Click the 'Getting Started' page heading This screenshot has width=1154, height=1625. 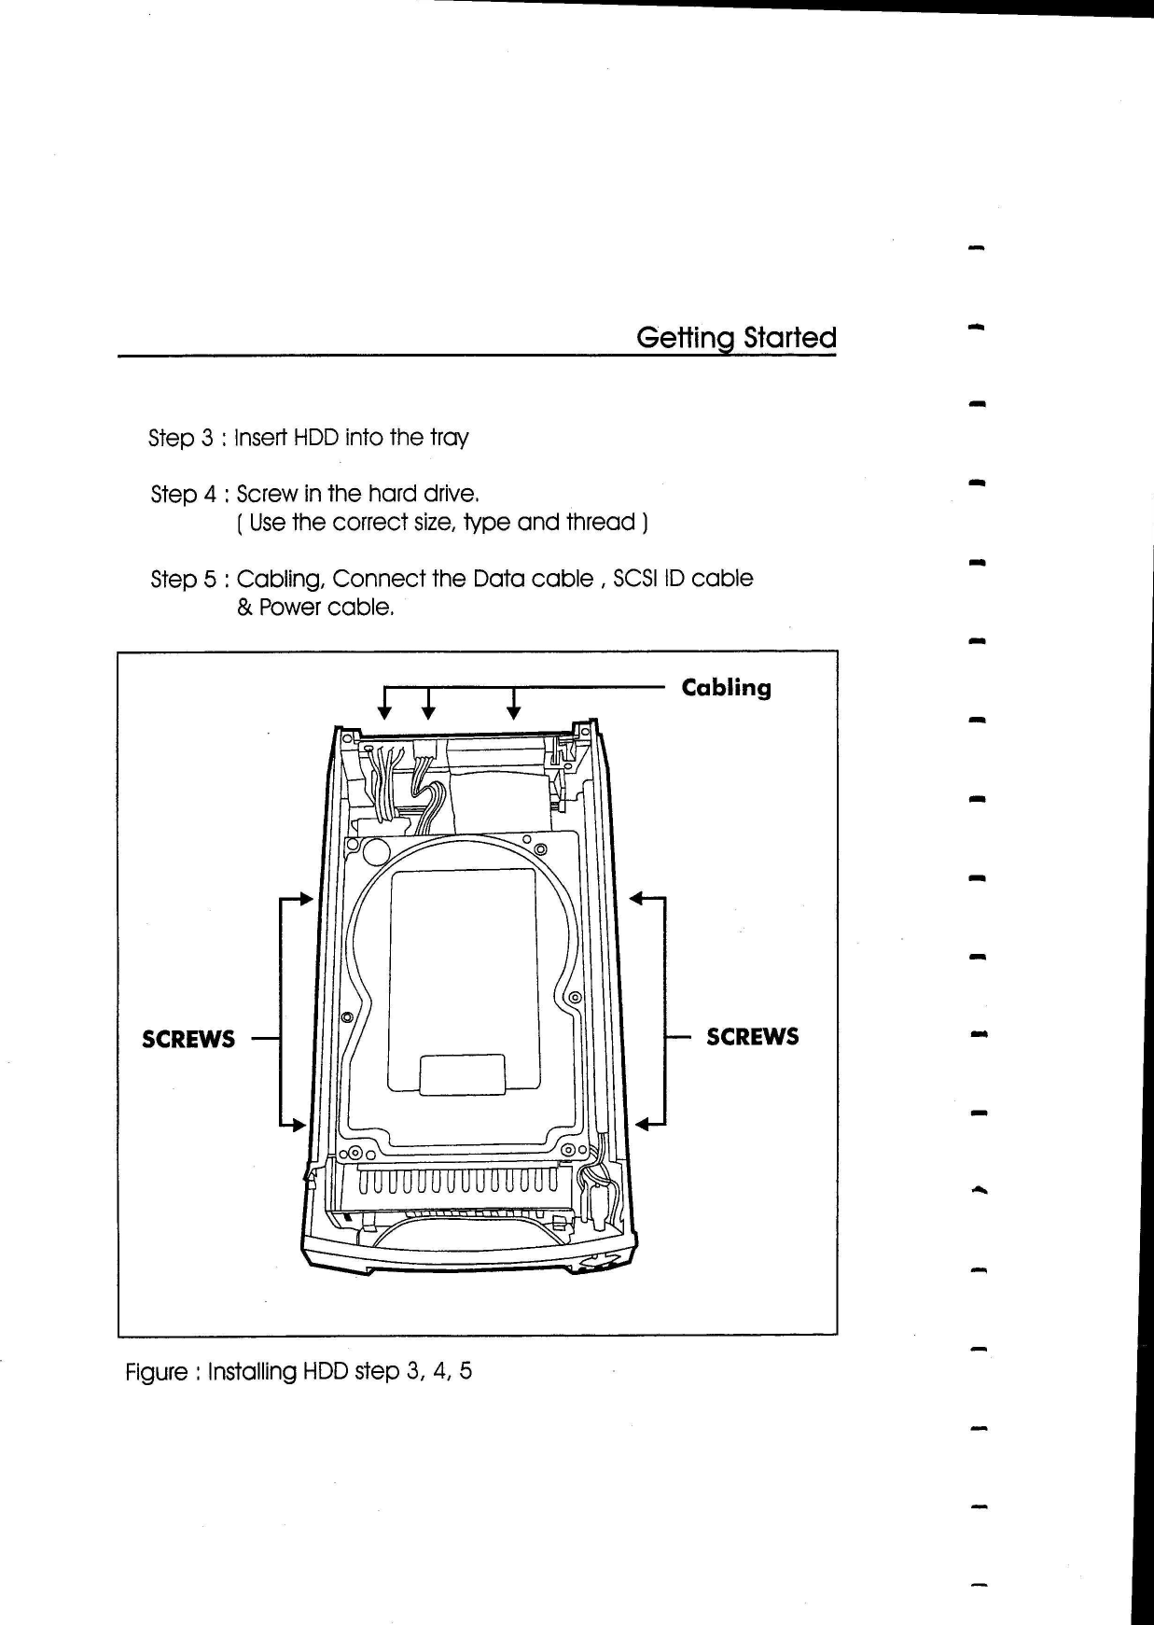point(735,337)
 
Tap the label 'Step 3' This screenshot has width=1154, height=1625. point(181,438)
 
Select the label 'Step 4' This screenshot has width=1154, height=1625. point(183,494)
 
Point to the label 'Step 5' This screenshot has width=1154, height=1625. point(183,579)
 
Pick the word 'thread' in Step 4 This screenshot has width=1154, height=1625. point(600,522)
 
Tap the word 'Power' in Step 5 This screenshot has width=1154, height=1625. point(289,608)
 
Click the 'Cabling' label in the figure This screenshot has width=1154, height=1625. point(726,689)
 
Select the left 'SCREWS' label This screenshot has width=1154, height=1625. point(188,1040)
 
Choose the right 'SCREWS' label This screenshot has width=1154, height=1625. point(752,1037)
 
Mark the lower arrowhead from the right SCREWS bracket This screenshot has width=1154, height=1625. point(642,1124)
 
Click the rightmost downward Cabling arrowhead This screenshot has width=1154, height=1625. point(513,713)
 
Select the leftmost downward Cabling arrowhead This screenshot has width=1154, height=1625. point(383,713)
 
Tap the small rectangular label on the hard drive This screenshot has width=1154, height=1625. point(462,1075)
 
